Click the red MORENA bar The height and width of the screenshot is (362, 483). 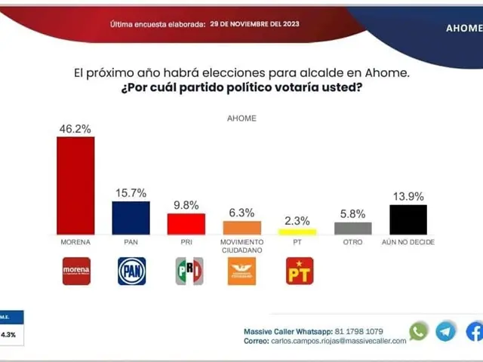(75, 185)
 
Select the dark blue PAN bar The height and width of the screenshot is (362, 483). (131, 217)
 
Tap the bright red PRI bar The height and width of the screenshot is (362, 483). (186, 224)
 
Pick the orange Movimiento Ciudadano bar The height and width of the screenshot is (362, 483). (241, 227)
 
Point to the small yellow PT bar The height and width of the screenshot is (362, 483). (297, 231)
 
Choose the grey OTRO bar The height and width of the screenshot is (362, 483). (352, 228)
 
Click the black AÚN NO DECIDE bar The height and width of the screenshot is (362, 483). (408, 219)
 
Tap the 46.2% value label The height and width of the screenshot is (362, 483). (75, 129)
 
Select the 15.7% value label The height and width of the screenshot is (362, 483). (131, 194)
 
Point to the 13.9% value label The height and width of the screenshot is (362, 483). (408, 197)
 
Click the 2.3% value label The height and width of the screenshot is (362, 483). (297, 220)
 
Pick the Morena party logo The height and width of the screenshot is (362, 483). (75, 271)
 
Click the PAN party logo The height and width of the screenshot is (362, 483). (131, 271)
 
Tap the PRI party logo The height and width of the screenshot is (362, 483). (189, 271)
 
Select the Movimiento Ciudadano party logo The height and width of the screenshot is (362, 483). (241, 271)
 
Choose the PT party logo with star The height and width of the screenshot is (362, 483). (298, 271)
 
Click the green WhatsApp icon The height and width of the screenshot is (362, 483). (418, 331)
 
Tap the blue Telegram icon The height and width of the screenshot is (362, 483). (446, 331)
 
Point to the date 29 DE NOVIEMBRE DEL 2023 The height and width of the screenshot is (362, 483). (254, 24)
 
